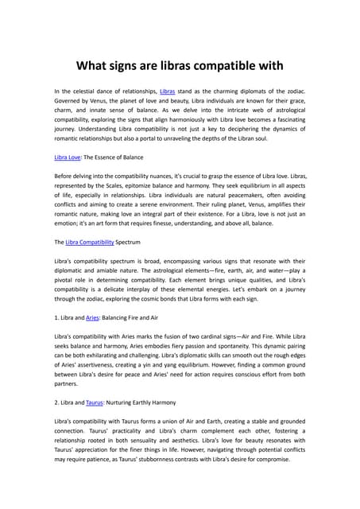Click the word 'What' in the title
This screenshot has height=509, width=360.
point(94,64)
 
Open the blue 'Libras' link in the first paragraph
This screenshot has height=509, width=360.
point(167,92)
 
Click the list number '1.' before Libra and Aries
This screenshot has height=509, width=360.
point(58,318)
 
